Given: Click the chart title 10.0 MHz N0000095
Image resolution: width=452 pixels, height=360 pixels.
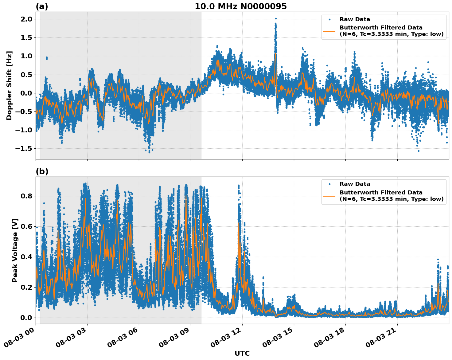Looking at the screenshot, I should (240, 6).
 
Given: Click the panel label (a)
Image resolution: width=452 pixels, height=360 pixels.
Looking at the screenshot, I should (42, 6).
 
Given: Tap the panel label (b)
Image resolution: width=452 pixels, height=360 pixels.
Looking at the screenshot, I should (42, 171).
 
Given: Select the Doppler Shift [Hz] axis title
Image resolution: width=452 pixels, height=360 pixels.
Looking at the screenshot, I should (9, 85).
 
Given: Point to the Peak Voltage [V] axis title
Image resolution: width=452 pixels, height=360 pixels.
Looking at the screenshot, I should (15, 250).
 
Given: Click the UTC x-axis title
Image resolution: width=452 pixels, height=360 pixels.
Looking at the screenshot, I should (242, 353).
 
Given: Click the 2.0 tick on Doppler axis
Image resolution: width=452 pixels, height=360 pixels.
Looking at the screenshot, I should (26, 19).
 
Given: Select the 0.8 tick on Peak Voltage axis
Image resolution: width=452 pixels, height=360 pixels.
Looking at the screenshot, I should (26, 196).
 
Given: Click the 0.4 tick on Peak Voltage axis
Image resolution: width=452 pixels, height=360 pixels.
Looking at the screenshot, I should (26, 257).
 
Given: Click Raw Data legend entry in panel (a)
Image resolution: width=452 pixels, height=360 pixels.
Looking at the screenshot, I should (355, 19).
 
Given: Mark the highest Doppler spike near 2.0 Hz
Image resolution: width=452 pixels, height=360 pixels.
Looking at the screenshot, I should (275, 19).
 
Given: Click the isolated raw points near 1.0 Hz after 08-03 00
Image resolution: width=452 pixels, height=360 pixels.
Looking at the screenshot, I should (47, 58).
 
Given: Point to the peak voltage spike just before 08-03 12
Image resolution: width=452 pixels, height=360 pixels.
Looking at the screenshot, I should (239, 186).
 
